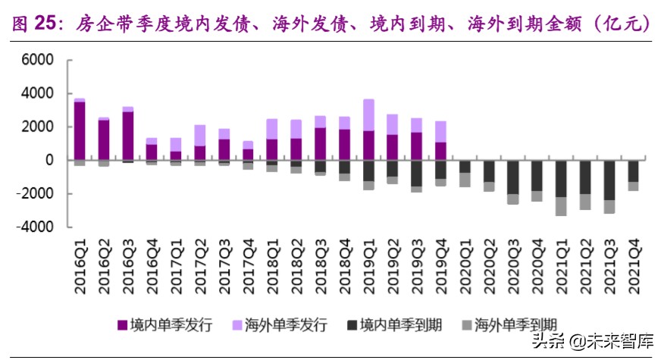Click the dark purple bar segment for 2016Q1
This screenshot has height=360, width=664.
tap(80, 130)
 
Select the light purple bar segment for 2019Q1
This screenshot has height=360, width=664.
tap(368, 114)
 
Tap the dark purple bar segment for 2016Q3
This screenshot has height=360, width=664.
tap(128, 136)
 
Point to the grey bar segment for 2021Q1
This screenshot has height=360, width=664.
tap(561, 206)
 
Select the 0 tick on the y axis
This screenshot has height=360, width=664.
tap(49, 160)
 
